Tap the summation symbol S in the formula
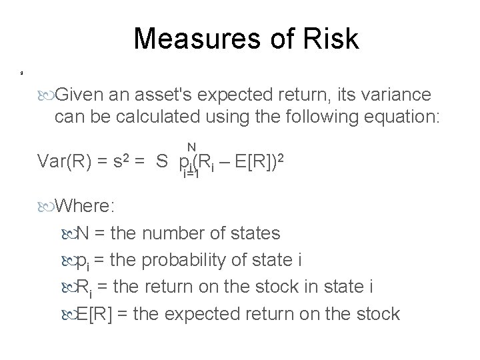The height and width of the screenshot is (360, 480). click(162, 162)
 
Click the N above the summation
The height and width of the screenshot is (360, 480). click(191, 147)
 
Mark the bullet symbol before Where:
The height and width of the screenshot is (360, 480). click(47, 206)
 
